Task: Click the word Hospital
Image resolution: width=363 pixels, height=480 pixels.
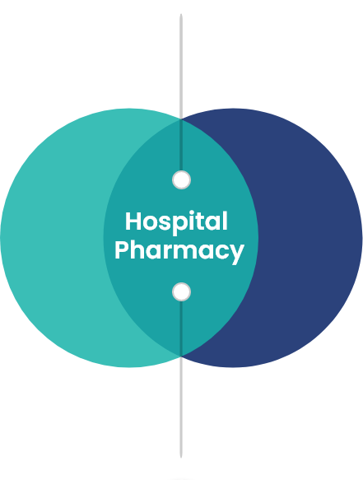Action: point(176,222)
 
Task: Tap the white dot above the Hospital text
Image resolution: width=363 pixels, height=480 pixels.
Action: point(181,180)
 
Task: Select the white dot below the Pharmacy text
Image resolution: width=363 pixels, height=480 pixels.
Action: point(181,291)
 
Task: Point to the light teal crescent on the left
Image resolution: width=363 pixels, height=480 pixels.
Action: point(52,238)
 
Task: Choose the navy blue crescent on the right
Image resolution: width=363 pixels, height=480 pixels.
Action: point(310,238)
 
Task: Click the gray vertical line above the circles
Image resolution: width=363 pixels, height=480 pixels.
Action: point(181,66)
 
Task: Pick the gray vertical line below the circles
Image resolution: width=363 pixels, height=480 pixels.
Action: point(181,408)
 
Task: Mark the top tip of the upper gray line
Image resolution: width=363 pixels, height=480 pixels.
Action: point(181,14)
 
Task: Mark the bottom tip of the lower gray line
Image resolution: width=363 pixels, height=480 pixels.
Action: point(181,458)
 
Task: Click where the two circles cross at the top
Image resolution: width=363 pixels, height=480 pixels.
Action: point(181,119)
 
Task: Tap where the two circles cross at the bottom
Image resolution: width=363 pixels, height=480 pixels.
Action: point(181,357)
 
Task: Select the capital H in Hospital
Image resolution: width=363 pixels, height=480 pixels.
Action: point(133,221)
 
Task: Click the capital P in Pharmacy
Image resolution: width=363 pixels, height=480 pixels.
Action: point(121,250)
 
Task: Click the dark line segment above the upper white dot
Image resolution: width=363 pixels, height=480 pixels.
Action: point(181,145)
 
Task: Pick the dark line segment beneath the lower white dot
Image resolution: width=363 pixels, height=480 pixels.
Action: point(181,329)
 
